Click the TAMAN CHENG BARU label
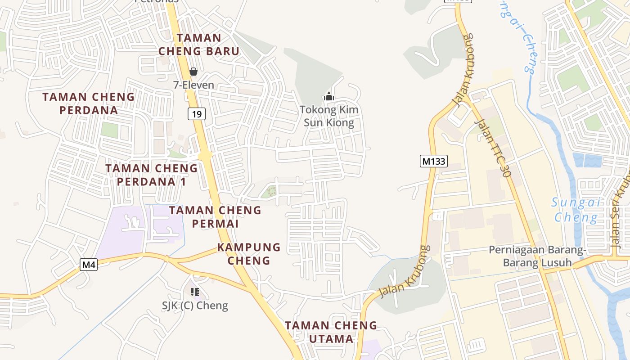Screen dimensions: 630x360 point(199,45)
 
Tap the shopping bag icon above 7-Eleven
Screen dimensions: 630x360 point(193,72)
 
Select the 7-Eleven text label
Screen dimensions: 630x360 point(193,85)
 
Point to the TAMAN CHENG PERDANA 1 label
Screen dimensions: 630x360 point(152,175)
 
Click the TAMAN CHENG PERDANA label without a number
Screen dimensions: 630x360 point(89,103)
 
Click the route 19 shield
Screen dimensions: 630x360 point(197,114)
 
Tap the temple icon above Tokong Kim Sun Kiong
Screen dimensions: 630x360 point(329,96)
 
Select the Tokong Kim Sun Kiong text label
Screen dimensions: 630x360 point(329,116)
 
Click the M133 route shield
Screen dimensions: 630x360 point(434,161)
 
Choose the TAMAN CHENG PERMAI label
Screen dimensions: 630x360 point(215,216)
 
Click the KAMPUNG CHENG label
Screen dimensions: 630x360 point(249,254)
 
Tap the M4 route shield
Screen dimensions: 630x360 point(89,265)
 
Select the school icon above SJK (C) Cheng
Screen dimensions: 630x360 point(195,292)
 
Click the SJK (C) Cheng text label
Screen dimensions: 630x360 point(195,306)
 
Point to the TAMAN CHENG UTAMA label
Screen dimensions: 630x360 point(331,332)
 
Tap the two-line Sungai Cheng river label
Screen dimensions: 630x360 point(576,210)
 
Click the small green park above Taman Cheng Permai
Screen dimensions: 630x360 point(270,191)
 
